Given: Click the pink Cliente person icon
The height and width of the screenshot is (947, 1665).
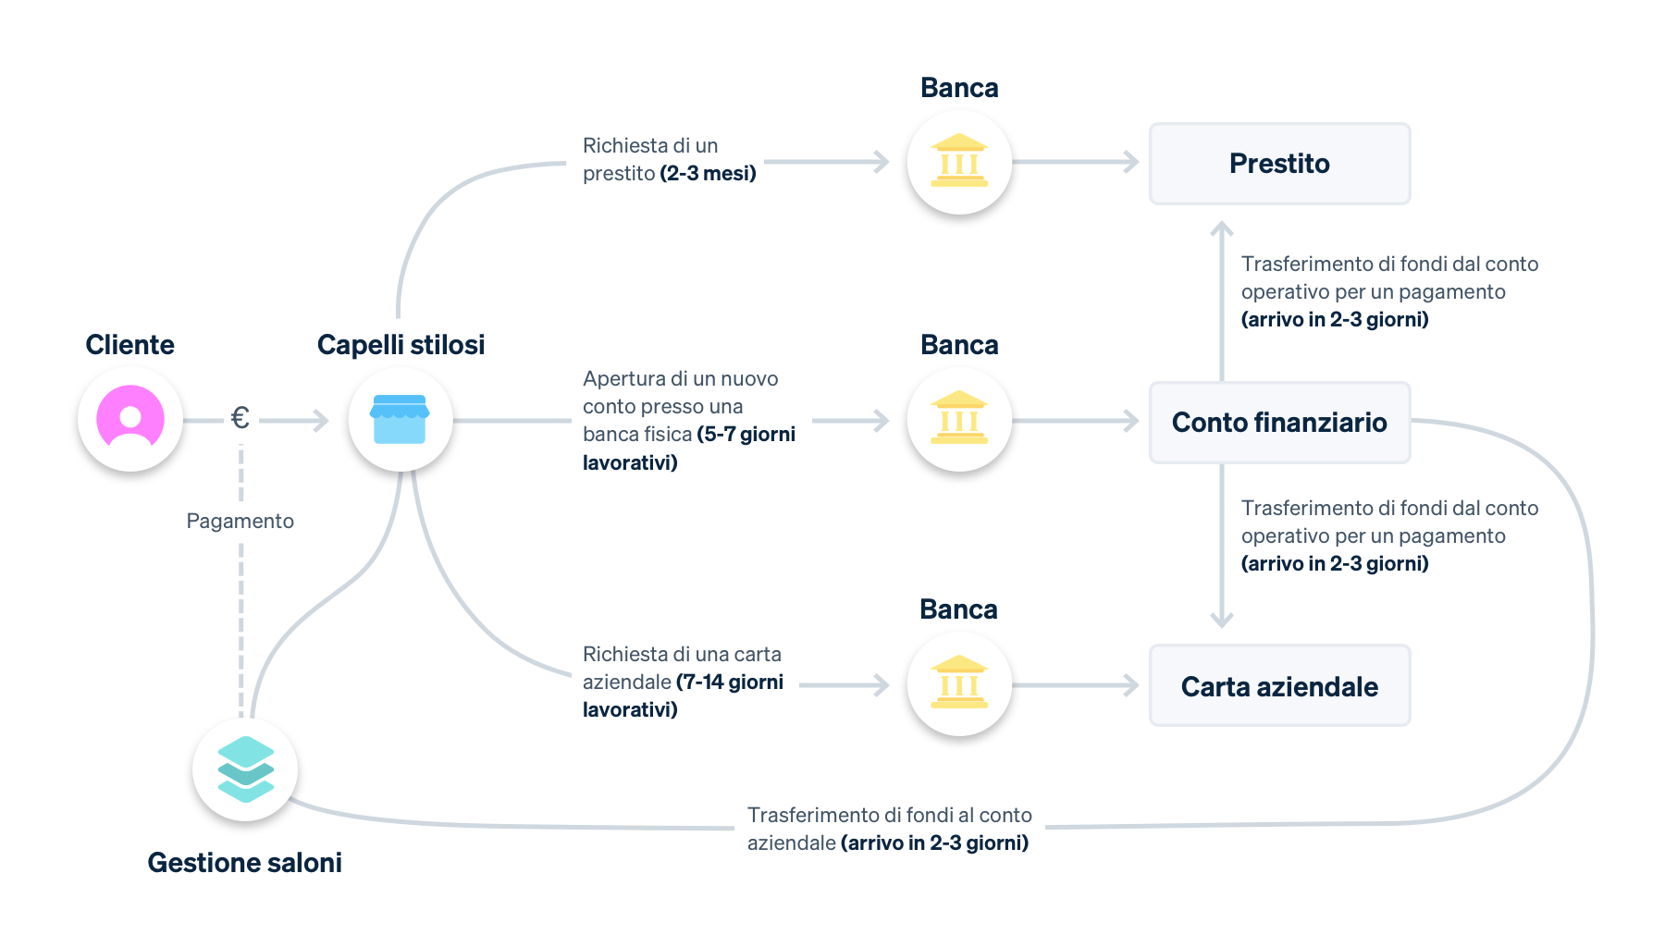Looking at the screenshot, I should (130, 419).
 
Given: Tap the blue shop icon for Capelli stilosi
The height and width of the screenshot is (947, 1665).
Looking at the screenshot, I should (400, 419).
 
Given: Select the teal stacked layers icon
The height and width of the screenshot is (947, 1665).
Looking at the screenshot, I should (245, 769).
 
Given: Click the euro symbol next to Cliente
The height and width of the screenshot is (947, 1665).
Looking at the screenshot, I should (240, 419).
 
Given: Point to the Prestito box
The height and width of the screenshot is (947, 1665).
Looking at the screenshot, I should (1279, 164).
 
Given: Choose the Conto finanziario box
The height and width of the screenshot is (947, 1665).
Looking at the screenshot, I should (1279, 423).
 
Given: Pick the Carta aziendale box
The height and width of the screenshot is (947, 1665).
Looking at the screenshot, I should (1279, 686).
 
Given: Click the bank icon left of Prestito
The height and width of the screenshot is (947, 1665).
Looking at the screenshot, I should (959, 162).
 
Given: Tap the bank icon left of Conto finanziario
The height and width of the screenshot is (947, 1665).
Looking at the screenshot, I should (959, 419).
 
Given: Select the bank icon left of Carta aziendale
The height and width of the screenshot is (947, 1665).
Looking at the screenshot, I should (959, 683).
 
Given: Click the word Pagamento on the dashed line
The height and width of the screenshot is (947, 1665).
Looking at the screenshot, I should (240, 522).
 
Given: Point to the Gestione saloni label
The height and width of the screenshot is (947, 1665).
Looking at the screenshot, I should (244, 863).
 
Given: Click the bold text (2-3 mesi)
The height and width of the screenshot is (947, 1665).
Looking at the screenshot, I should (708, 174).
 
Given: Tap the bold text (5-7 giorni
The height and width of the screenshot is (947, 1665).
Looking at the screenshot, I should (746, 435).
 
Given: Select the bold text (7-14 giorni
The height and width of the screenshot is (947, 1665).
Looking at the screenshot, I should (730, 683).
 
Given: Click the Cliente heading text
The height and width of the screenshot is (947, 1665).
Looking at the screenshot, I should (129, 345).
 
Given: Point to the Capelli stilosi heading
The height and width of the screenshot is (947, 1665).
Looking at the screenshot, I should (401, 345).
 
